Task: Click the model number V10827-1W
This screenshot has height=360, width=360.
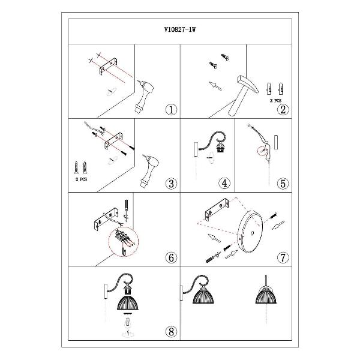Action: coord(180,29)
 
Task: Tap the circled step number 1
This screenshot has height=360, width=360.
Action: coord(171,110)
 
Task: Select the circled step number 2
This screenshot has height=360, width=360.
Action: coord(283,110)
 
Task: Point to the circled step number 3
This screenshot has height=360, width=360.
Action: coord(171,184)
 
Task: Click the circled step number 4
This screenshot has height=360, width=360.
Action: coord(224,183)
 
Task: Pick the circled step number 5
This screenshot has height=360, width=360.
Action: coord(283,184)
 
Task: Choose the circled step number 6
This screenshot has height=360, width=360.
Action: coord(171,257)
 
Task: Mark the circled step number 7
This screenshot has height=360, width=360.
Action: coord(283,257)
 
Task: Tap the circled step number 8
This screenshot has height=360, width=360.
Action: coord(171,332)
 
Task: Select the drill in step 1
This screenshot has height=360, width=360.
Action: coord(144,97)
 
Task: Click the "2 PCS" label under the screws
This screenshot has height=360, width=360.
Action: coord(82,179)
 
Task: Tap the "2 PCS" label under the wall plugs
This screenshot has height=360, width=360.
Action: coord(275,101)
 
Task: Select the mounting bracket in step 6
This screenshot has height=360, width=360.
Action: coord(106,219)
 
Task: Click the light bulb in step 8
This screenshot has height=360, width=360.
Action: coord(128,324)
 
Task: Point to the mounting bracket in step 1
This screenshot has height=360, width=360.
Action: coord(108,66)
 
